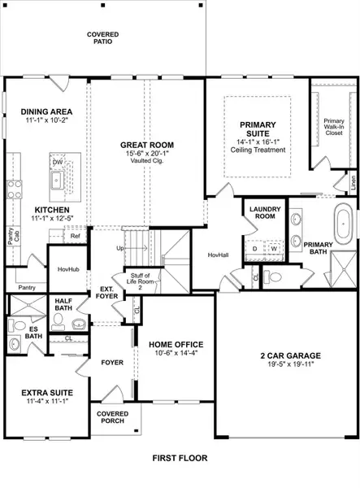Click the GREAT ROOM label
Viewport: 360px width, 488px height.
tap(147, 146)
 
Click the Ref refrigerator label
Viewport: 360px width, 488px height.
tap(75, 236)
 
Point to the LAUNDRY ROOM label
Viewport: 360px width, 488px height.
tap(259, 213)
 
